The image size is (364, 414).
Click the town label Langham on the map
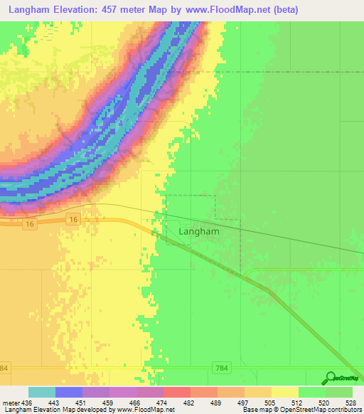(199, 231)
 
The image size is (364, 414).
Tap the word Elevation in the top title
(82, 10)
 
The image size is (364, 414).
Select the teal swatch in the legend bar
(42, 393)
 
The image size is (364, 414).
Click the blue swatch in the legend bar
(69, 393)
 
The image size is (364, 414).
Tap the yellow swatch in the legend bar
(285, 393)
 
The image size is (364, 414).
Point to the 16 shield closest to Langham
(74, 221)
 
